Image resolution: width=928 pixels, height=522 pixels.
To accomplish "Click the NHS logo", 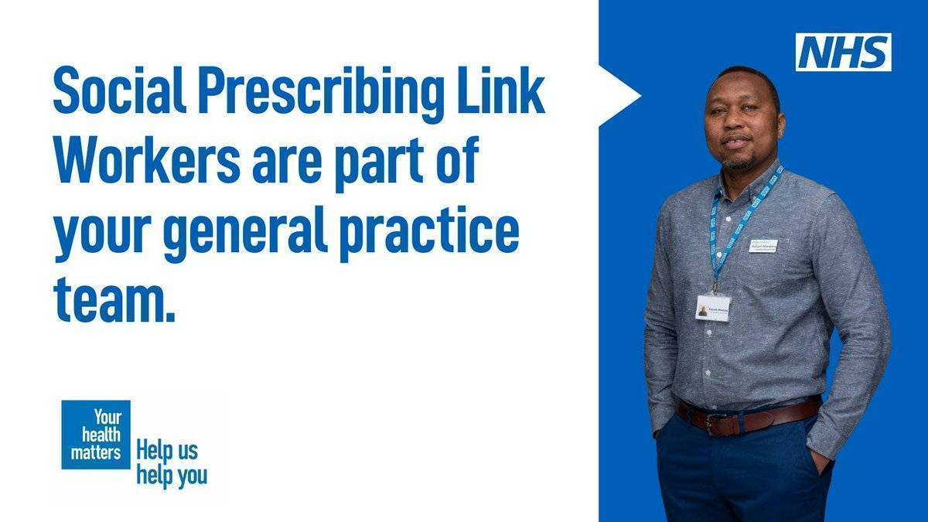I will point(843,52).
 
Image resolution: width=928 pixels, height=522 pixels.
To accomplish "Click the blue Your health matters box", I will point(96,435).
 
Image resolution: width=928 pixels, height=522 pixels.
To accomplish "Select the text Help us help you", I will point(171,462).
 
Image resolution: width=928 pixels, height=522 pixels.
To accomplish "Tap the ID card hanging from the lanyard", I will point(713,307).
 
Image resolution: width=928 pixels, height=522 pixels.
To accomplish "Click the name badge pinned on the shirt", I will point(763,246).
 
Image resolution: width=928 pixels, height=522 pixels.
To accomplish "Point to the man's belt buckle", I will point(713,422).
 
